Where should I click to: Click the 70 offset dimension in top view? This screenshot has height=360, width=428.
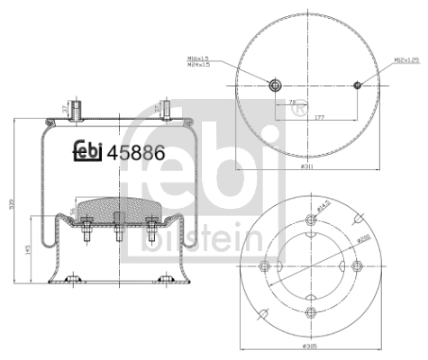pos(293,103)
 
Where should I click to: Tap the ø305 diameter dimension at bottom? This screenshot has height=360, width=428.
pos(312,346)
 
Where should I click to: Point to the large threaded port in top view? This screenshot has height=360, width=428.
pos(275,86)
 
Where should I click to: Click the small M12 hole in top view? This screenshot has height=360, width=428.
pos(357,86)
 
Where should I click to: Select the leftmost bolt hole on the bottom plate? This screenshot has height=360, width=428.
pos(265,265)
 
